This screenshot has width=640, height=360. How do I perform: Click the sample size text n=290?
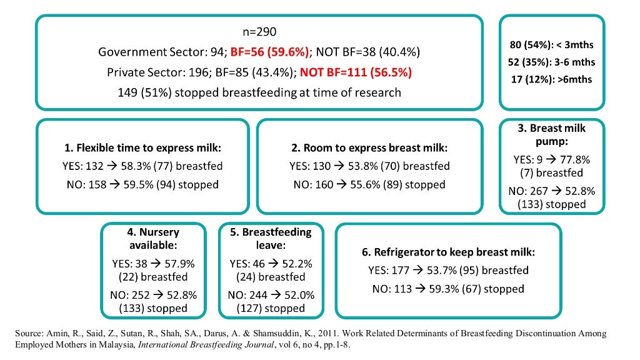pos(259,31)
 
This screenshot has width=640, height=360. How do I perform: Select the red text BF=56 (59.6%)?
pos(270,51)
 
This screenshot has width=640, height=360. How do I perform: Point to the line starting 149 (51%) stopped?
pos(259,92)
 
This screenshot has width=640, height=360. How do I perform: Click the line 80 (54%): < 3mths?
pos(552,45)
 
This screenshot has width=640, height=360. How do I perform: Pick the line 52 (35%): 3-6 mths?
pos(552,62)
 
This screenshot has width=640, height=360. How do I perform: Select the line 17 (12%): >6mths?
pos(552,79)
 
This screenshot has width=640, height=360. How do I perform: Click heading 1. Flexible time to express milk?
pos(142,148)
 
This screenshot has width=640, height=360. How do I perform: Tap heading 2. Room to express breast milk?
pos(369,148)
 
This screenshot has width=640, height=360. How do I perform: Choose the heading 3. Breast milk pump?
pos(552,134)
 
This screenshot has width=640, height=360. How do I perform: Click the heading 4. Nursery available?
pos(153,238)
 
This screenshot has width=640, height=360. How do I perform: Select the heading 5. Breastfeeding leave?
pos(271,238)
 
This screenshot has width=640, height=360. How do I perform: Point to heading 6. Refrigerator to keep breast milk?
pos(448,252)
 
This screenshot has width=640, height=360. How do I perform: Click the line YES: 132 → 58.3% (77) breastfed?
pos(143,166)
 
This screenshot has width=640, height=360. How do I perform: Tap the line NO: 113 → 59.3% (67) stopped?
pos(448,289)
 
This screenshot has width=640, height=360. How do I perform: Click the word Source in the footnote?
pos(28,334)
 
